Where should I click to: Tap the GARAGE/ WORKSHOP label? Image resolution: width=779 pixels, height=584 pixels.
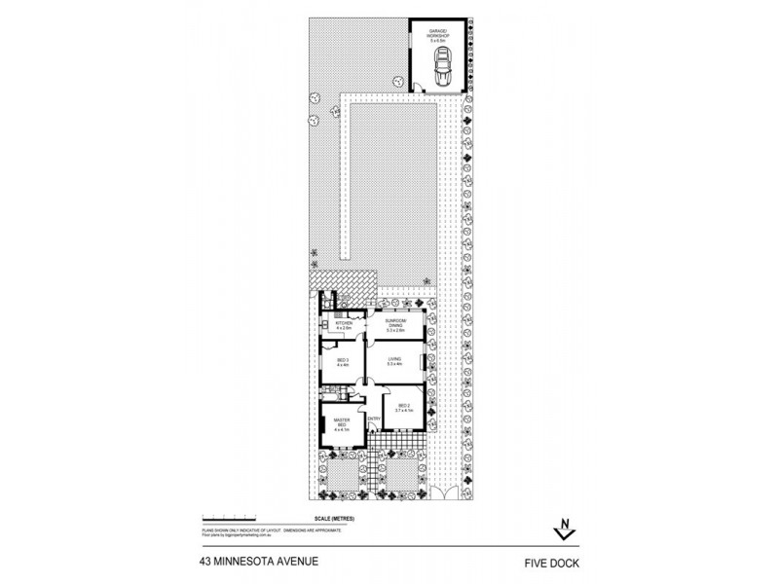[x=438, y=36]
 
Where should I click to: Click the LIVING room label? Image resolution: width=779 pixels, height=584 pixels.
[x=394, y=360]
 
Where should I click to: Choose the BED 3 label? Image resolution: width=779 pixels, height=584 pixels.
[x=343, y=360]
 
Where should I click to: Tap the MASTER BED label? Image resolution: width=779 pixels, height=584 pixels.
[x=341, y=423]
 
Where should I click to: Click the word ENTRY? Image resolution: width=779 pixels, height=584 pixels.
[x=374, y=420]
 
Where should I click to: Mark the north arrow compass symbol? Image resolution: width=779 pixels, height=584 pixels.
[x=562, y=529]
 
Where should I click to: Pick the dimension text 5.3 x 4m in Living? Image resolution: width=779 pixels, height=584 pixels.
[x=394, y=366]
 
